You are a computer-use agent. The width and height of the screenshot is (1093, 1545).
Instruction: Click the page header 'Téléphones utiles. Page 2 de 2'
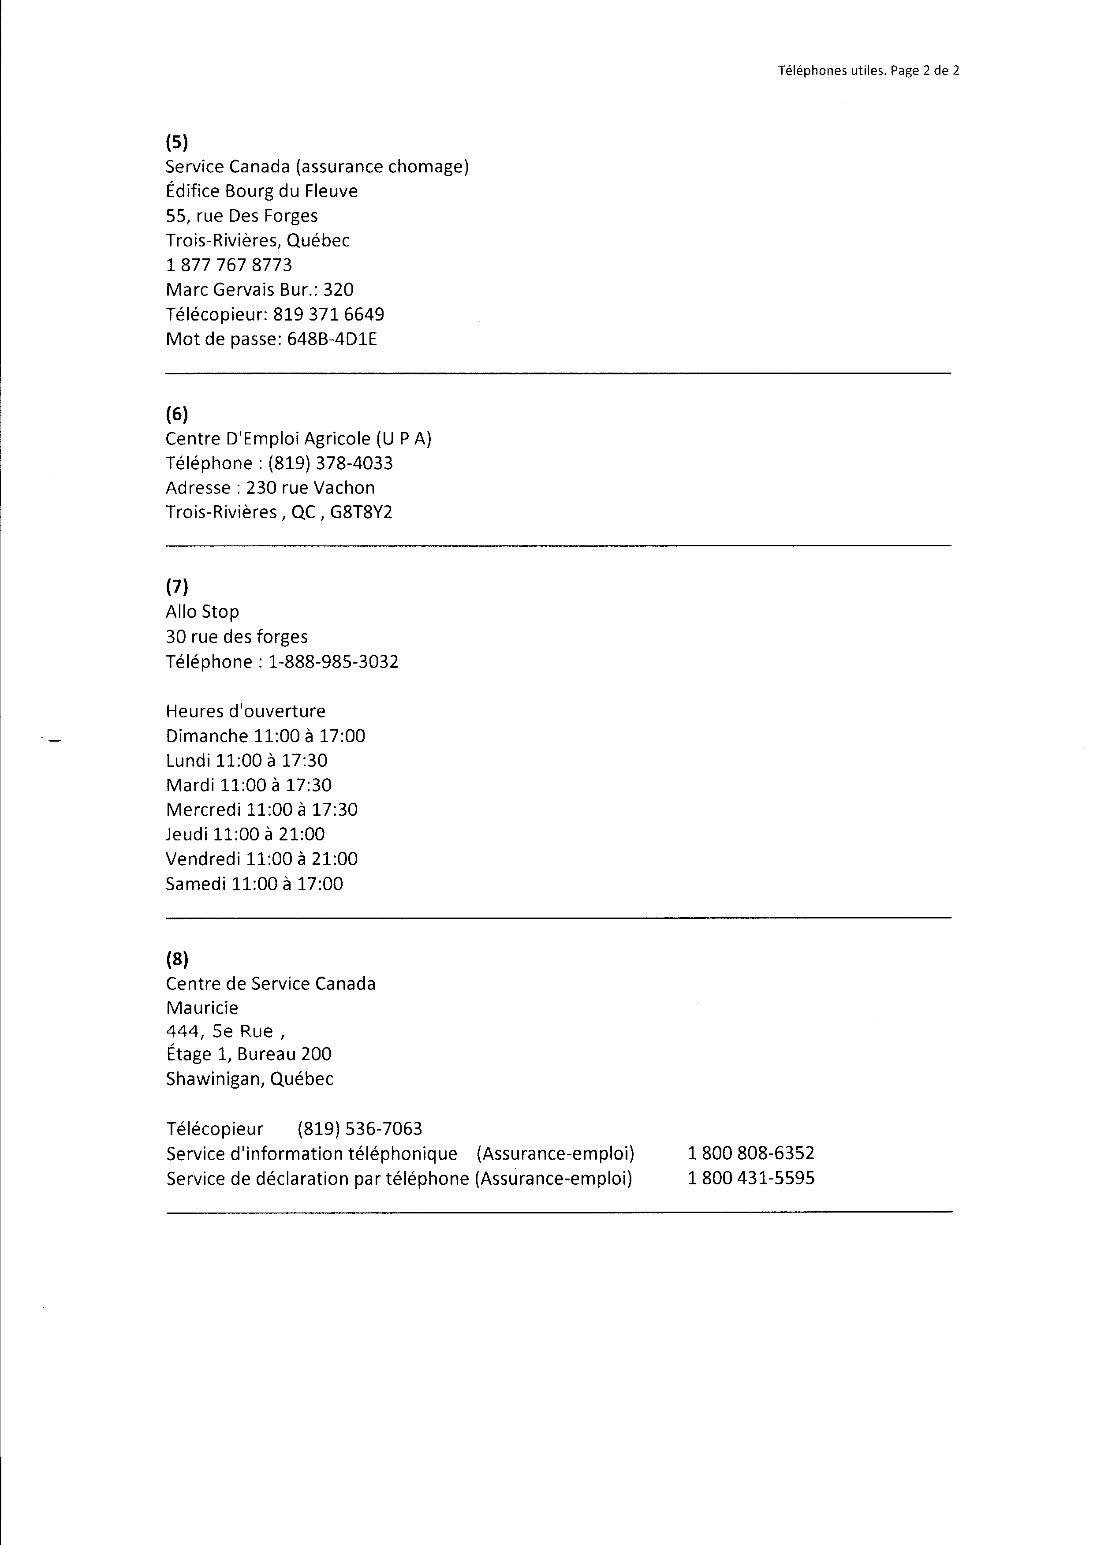point(868,71)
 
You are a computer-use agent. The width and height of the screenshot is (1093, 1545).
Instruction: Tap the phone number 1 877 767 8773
point(229,265)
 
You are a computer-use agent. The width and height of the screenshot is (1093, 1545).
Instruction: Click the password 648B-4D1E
point(332,339)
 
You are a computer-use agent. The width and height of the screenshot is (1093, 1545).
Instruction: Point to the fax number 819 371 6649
point(328,314)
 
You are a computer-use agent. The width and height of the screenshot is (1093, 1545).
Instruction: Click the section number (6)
point(177,414)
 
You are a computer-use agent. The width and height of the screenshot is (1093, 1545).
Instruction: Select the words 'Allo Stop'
point(202,612)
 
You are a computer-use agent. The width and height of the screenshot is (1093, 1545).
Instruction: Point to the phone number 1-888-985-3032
point(333,662)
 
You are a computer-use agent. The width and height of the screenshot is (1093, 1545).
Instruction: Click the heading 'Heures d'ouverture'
point(246,711)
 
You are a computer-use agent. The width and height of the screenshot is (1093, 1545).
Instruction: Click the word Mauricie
point(202,1008)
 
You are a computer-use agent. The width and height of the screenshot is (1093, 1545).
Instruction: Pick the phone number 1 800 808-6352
point(750,1153)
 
